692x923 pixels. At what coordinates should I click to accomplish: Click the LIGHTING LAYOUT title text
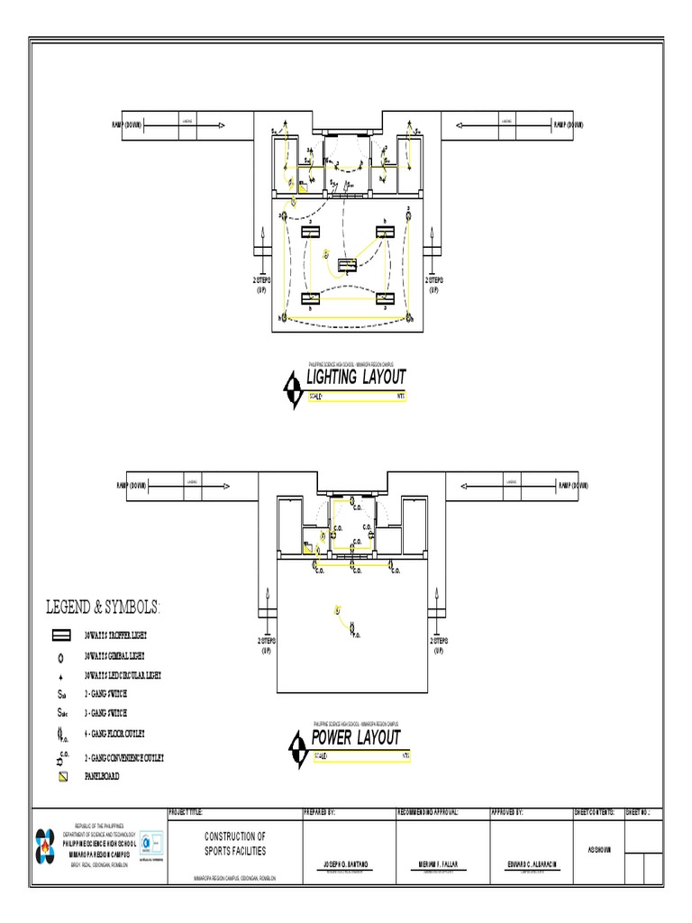click(x=356, y=377)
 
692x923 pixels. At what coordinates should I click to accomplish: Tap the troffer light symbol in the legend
click(x=61, y=636)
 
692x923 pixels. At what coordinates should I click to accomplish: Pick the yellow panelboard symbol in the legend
click(x=61, y=775)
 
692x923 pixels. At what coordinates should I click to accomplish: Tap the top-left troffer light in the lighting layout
click(x=311, y=232)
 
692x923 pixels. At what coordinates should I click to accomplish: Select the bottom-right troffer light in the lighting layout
click(x=385, y=297)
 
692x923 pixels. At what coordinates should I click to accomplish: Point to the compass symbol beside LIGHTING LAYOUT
click(x=293, y=388)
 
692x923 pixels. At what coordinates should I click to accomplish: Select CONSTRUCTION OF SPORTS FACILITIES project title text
click(x=235, y=844)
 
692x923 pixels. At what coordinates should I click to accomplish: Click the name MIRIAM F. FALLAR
click(x=438, y=864)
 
